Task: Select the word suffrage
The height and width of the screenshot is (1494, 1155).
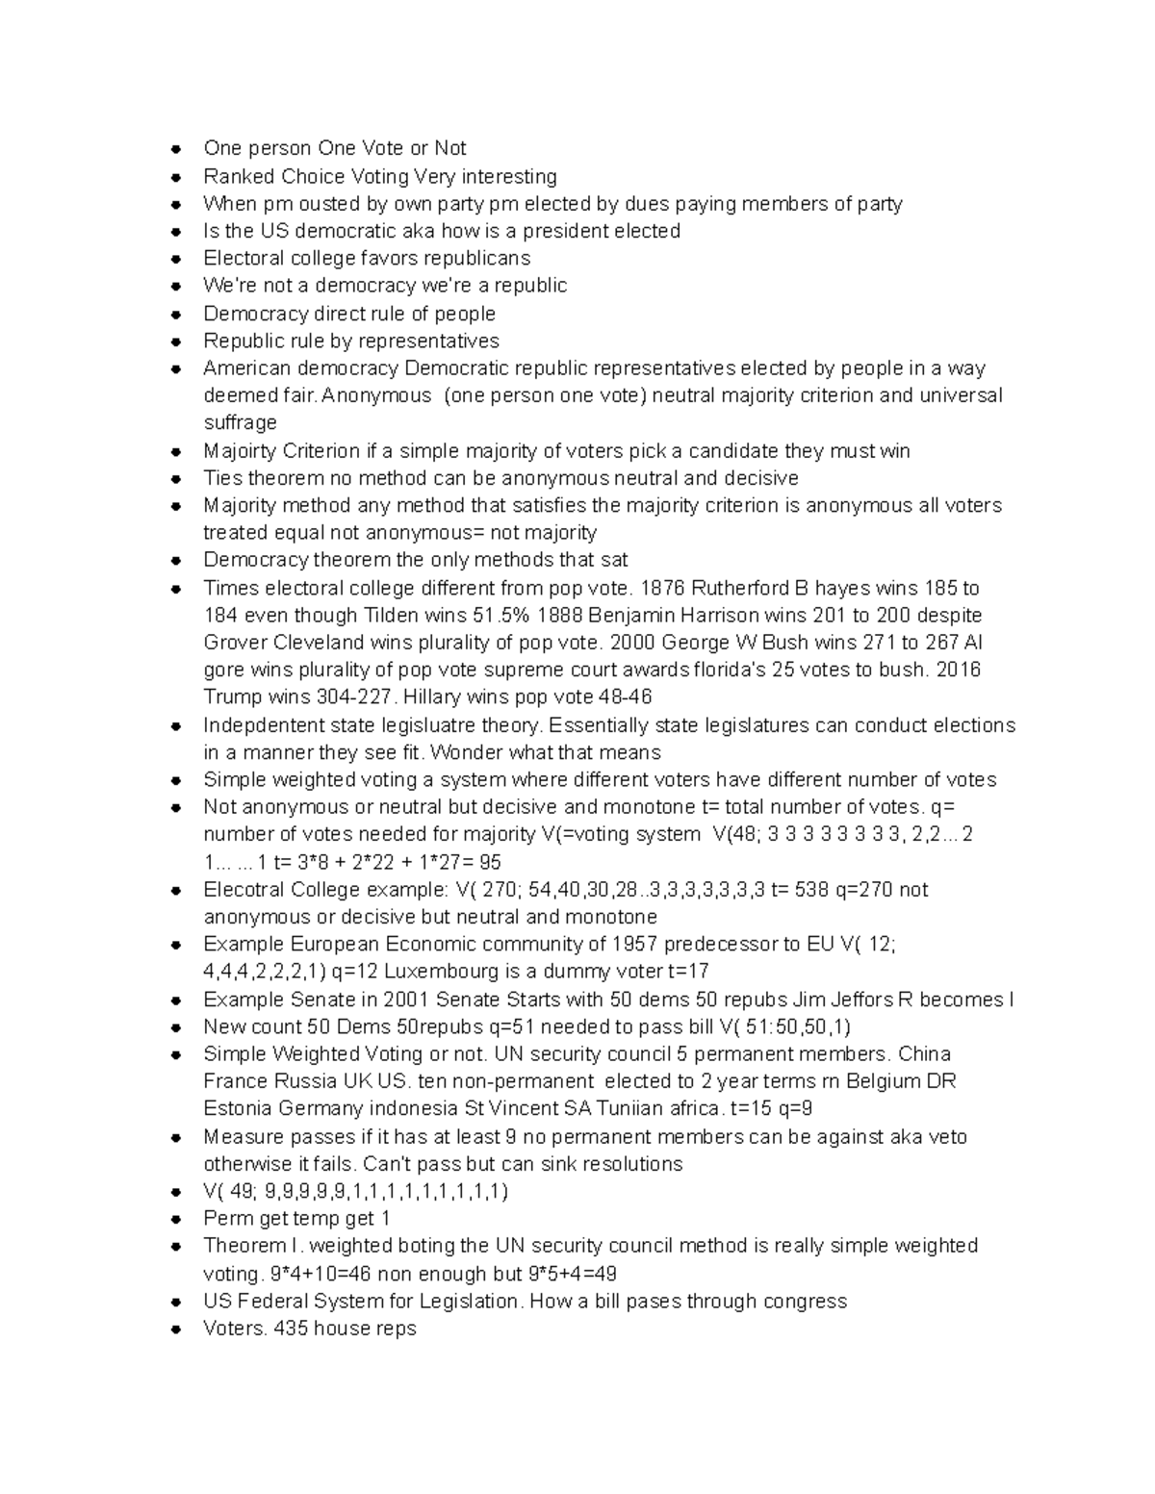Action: pyautogui.click(x=240, y=422)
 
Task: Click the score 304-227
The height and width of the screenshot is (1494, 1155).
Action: pyautogui.click(x=354, y=696)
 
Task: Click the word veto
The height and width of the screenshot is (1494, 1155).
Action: pyautogui.click(x=947, y=1136)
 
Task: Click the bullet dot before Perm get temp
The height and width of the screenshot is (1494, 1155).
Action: pyautogui.click(x=175, y=1219)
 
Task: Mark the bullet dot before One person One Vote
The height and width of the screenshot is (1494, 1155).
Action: pyautogui.click(x=175, y=148)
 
